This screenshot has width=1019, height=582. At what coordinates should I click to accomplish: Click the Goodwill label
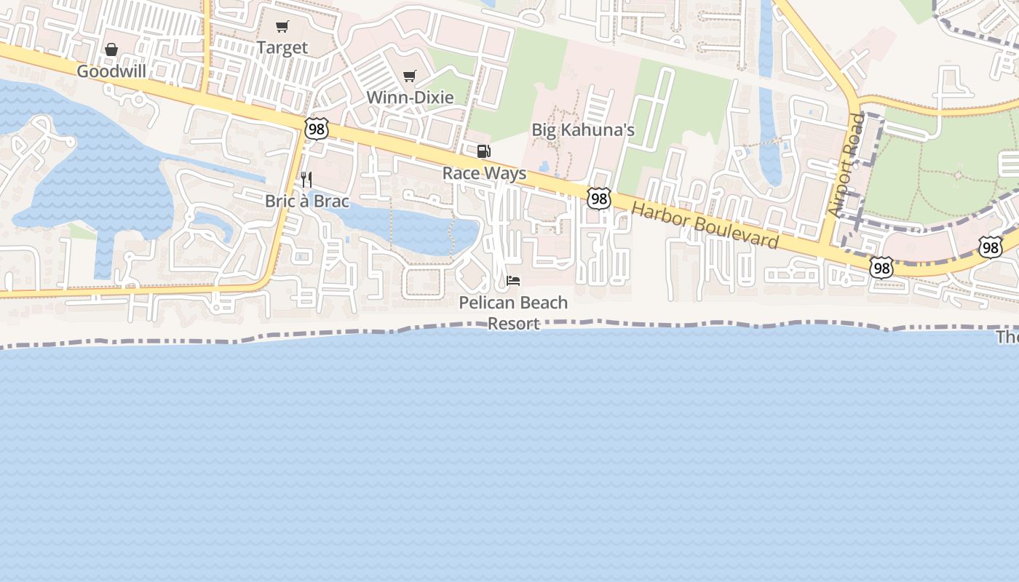(111, 71)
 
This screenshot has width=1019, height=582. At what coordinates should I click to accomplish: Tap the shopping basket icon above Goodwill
(111, 49)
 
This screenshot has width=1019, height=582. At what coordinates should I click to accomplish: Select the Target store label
(282, 48)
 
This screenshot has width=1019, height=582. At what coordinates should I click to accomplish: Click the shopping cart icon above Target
(282, 27)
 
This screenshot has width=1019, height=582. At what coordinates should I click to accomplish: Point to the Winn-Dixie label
(410, 97)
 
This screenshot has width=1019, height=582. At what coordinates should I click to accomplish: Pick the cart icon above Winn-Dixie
(410, 76)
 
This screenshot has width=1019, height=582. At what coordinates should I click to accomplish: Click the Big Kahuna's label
(583, 130)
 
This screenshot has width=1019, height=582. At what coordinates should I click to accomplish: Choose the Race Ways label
(484, 174)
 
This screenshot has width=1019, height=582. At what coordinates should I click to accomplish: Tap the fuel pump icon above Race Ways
(483, 151)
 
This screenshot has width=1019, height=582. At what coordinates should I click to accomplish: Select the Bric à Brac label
(307, 201)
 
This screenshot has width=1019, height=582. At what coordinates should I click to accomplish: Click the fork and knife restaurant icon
(306, 179)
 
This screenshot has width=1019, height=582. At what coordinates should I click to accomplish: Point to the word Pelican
(487, 303)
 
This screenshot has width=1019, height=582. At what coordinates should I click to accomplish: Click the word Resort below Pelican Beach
(513, 324)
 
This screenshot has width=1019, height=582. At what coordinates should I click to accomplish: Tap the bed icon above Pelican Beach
(513, 281)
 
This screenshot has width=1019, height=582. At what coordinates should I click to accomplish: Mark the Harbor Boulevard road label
(705, 225)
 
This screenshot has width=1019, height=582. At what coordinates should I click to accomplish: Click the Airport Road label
(846, 164)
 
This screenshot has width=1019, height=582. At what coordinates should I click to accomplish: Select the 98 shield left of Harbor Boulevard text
(598, 198)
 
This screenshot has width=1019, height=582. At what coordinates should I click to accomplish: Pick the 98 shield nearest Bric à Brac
(317, 129)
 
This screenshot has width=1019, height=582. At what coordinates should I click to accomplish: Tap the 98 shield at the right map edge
(990, 247)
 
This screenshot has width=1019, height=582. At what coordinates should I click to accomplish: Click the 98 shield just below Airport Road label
(881, 268)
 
